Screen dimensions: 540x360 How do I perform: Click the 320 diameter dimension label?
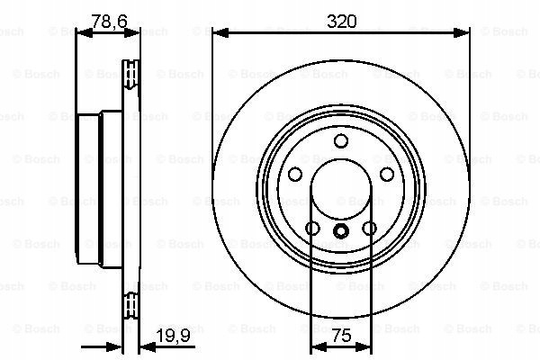click(342, 22)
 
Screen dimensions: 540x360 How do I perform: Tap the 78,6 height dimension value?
click(109, 22)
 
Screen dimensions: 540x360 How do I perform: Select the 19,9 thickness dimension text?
click(173, 335)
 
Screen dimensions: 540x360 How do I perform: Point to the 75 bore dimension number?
click(342, 335)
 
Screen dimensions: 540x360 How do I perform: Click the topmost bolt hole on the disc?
click(341, 141)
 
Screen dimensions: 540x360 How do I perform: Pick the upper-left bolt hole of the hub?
click(295, 174)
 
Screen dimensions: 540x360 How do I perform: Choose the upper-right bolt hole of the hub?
click(387, 174)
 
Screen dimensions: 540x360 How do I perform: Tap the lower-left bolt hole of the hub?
click(312, 228)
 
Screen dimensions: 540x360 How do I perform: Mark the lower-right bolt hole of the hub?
click(370, 228)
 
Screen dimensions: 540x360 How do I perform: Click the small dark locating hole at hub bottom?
click(341, 230)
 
